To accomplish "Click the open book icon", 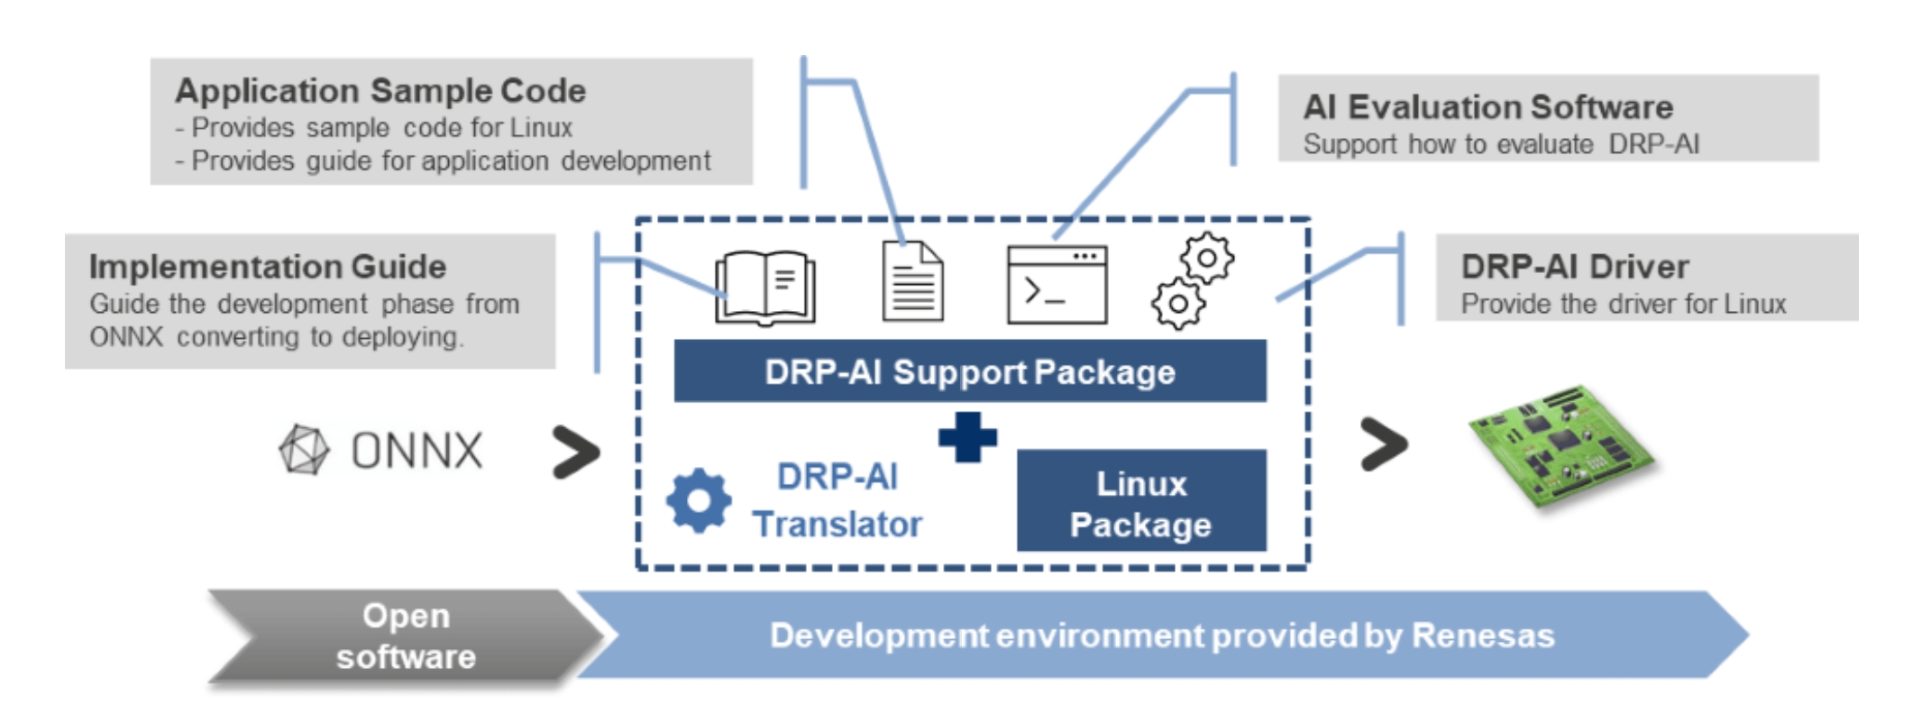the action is pyautogui.click(x=765, y=287).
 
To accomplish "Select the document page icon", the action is pyautogui.click(x=912, y=280).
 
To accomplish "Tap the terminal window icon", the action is pyautogui.click(x=1057, y=285).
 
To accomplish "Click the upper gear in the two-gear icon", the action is pyautogui.click(x=1206, y=259).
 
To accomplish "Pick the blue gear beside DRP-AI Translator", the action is pyautogui.click(x=699, y=500).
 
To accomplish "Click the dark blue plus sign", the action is pyautogui.click(x=967, y=437).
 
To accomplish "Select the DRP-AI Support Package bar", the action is pyautogui.click(x=970, y=370).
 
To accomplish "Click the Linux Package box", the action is pyautogui.click(x=1141, y=500).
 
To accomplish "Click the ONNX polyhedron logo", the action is pyautogui.click(x=305, y=450).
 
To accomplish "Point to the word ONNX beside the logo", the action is pyautogui.click(x=416, y=450).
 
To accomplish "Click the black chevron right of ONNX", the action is pyautogui.click(x=576, y=451).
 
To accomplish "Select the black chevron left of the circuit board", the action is pyautogui.click(x=1384, y=443).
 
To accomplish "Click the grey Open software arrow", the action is pyautogui.click(x=406, y=636).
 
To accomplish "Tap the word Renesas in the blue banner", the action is pyautogui.click(x=1483, y=635).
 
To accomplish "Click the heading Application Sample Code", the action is pyautogui.click(x=380, y=90).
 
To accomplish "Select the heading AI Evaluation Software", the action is pyautogui.click(x=1488, y=107).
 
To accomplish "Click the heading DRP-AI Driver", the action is pyautogui.click(x=1575, y=266).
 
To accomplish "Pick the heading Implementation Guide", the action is pyautogui.click(x=268, y=266).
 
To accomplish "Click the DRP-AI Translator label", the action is pyautogui.click(x=837, y=500).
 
